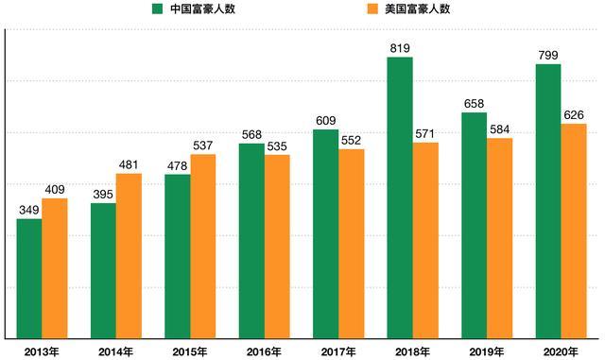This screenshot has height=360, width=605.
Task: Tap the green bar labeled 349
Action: pyautogui.click(x=29, y=278)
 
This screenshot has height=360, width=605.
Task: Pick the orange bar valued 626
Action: pyautogui.click(x=574, y=231)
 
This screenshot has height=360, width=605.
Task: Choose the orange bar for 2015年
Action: pyautogui.click(x=203, y=246)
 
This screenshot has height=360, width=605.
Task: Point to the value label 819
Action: pyautogui.click(x=400, y=46)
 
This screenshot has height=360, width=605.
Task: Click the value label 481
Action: pyautogui.click(x=129, y=163)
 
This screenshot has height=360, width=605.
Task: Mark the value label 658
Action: pyautogui.click(x=474, y=103)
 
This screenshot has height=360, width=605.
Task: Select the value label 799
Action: pyautogui.click(x=548, y=54)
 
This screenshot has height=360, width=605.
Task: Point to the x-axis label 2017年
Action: pyautogui.click(x=337, y=351)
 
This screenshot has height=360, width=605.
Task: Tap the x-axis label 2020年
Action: pyautogui.click(x=561, y=351)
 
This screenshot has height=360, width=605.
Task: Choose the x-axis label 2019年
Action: pyautogui.click(x=486, y=351)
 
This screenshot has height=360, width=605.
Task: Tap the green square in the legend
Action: pyautogui.click(x=155, y=9)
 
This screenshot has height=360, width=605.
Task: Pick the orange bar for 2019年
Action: pyautogui.click(x=499, y=238)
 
